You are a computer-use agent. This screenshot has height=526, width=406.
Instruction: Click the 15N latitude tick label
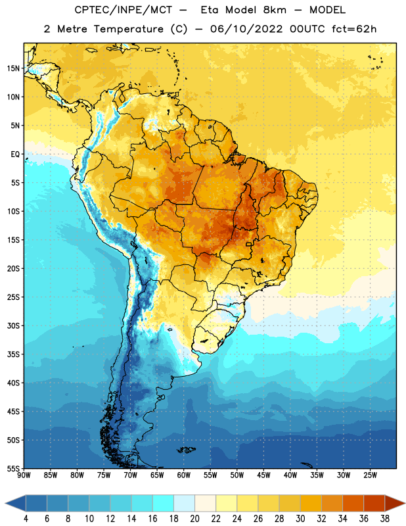pos(13,68)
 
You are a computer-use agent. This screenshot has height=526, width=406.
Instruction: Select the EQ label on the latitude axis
pos(15,155)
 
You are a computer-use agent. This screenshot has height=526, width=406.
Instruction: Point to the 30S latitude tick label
pos(13,325)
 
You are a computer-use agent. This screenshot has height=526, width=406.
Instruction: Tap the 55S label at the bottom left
pos(13,467)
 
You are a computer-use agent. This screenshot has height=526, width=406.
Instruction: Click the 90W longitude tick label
pos(24,475)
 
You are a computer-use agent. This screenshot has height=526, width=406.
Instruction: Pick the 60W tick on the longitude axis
pos(184,475)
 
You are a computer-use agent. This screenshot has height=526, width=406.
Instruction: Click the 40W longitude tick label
pos(290,475)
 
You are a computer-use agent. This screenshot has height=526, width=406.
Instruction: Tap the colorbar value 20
pos(194,519)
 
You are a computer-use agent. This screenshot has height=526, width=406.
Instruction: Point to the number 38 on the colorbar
pos(385,519)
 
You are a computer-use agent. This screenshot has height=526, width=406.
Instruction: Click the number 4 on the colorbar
pos(26,519)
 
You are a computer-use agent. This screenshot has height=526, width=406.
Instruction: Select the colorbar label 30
pos(300,519)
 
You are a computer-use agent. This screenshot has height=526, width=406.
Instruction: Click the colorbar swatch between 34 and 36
pos(353,503)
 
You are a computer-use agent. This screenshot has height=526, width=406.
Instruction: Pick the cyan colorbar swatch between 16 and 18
pos(163,503)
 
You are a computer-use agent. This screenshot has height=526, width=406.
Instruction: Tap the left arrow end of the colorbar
pos(5,503)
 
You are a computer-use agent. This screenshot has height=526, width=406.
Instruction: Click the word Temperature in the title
pos(128,29)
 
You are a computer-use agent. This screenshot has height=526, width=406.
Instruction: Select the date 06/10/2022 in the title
pos(246,29)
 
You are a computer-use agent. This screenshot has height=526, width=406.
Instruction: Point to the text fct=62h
pos(354,29)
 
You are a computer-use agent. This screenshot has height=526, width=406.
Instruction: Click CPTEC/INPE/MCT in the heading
pos(123,10)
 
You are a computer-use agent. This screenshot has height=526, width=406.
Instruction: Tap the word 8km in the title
pos(275,10)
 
